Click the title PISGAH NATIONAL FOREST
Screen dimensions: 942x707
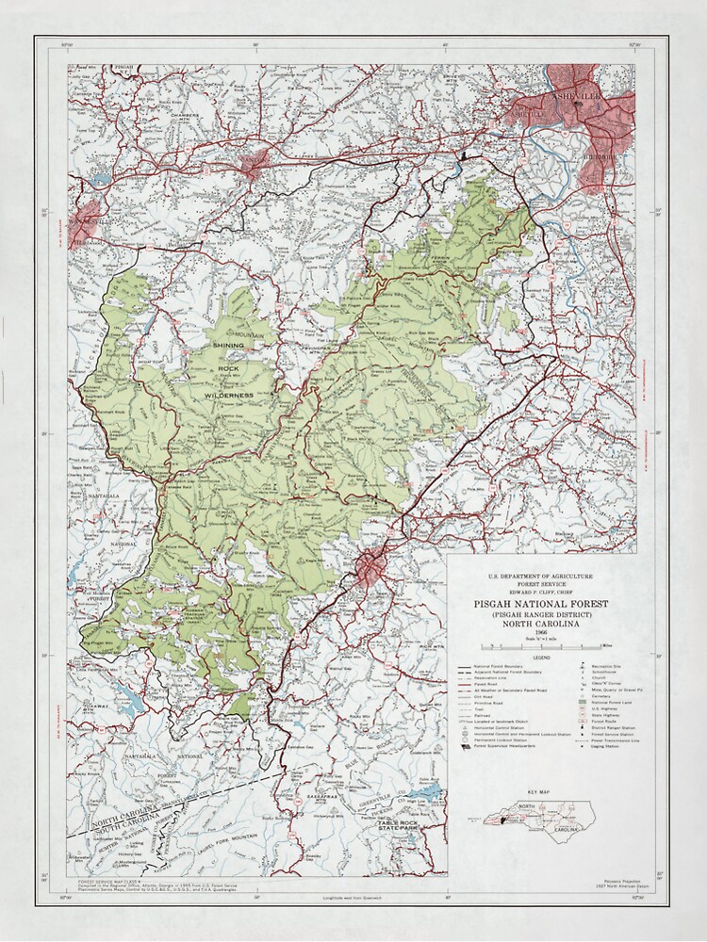544,603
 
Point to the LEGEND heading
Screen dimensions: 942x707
544,656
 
